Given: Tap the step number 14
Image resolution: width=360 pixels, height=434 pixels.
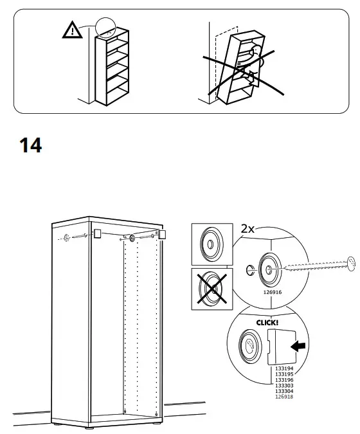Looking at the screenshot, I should click(30, 146).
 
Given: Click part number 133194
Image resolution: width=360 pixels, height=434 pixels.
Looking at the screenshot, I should click(283, 368).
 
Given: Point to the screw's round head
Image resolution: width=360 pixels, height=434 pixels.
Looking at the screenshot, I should click(350, 260).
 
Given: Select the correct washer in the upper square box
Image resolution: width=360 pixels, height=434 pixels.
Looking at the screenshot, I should click(210, 245).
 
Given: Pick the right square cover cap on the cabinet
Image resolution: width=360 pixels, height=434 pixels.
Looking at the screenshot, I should click(162, 235).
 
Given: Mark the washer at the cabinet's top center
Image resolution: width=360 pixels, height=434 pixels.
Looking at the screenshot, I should click(131, 239).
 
